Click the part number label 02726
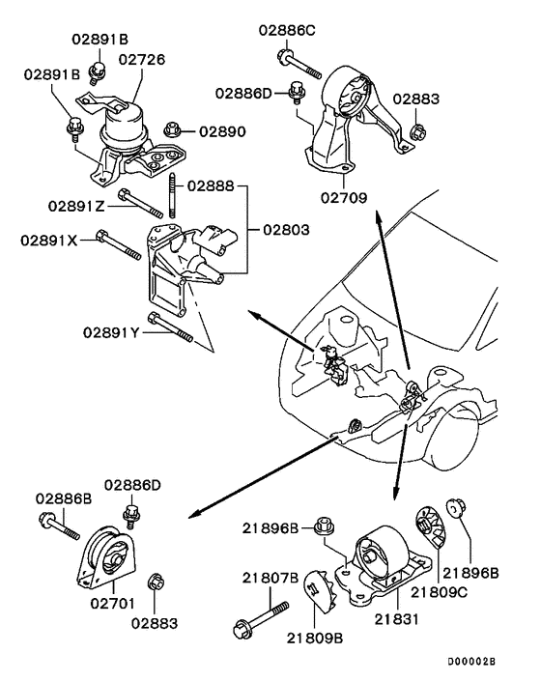point(141,60)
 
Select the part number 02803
point(284,231)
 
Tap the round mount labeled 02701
point(108,559)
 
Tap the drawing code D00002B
point(470,662)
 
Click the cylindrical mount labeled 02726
point(128,126)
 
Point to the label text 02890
point(223,129)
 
